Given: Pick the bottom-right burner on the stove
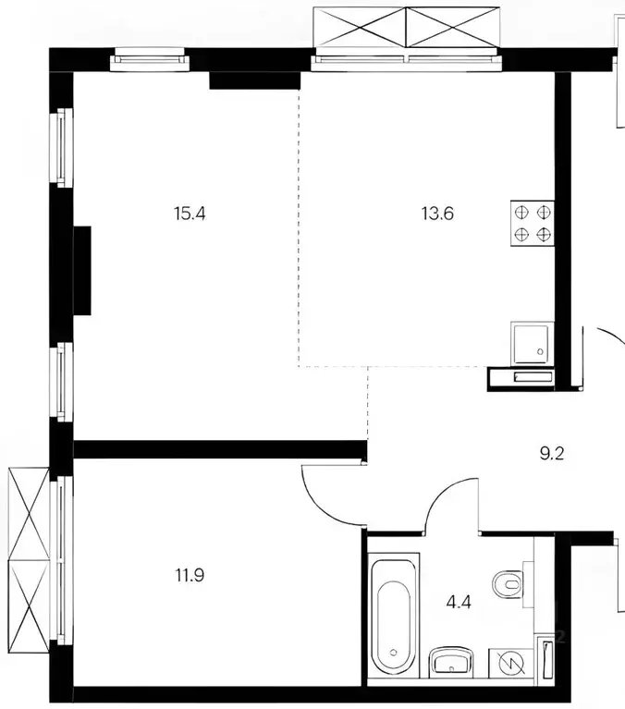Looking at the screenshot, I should point(544,234).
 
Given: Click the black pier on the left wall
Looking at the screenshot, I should point(82,272).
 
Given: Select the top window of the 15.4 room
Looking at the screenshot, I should point(150,63).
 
